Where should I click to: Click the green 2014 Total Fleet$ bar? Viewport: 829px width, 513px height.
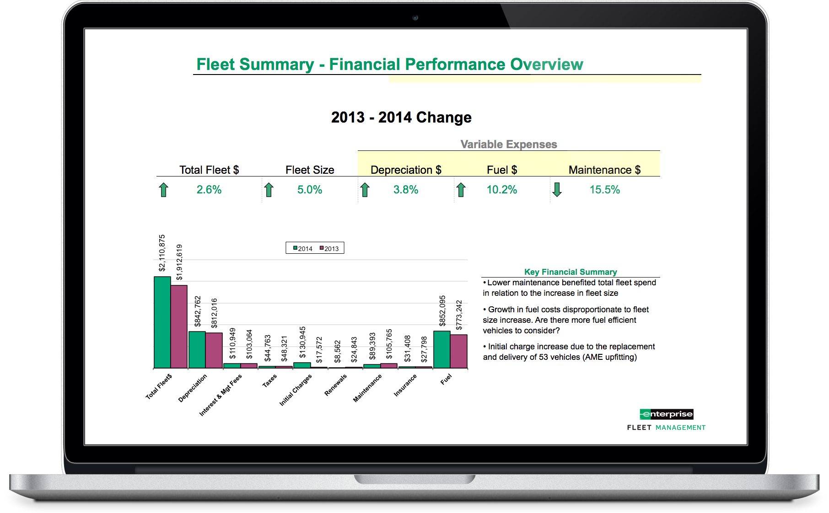click(162, 322)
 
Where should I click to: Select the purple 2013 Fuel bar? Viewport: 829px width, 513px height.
click(459, 351)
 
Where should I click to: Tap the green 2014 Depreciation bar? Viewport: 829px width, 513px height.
click(197, 350)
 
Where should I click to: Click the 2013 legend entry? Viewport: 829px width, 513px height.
click(329, 248)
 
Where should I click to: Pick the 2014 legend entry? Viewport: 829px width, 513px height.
click(303, 248)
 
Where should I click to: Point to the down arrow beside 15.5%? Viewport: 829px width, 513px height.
click(557, 190)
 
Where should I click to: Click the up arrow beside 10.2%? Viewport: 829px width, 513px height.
click(461, 190)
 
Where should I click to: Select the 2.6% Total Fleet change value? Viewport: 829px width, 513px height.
click(209, 190)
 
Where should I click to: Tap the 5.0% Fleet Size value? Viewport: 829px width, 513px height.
click(310, 190)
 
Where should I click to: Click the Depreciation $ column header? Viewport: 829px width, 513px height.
click(406, 170)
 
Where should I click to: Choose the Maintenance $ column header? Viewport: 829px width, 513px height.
click(604, 170)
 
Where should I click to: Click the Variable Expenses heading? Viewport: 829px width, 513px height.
click(509, 144)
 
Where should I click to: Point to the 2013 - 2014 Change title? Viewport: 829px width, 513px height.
click(401, 118)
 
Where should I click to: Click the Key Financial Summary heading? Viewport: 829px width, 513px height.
click(571, 272)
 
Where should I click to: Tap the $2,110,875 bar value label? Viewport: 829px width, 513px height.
click(162, 253)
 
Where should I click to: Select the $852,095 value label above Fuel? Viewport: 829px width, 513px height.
click(442, 311)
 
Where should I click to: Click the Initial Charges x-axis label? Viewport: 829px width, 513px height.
click(296, 390)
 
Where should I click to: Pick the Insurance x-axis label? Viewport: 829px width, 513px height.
click(405, 385)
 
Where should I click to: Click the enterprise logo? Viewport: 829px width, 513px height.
click(667, 414)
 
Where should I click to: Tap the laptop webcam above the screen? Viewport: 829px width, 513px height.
click(415, 18)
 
